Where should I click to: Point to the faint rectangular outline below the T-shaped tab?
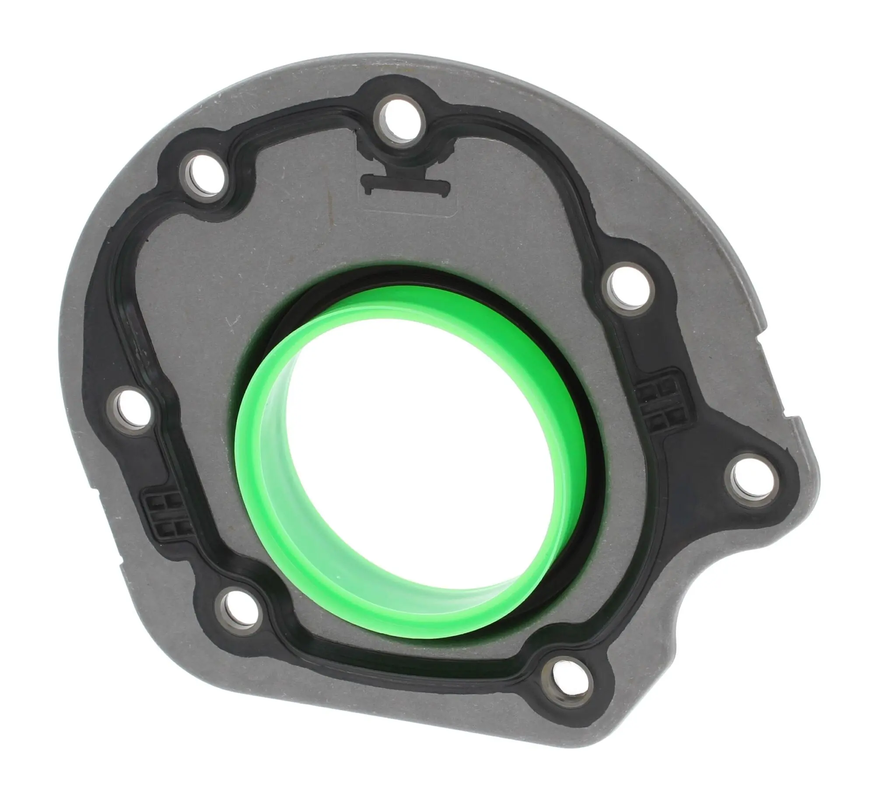tap(407, 208)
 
